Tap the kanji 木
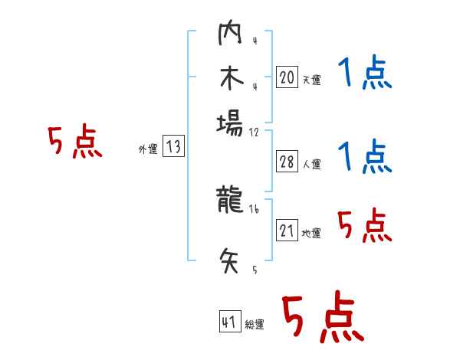coord(230,80)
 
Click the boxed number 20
coord(287,77)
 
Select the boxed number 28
coord(287,162)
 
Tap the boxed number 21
coord(287,231)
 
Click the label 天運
coord(311,80)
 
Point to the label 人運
coord(311,164)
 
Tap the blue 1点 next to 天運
coord(365,75)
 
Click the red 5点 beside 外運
coord(75,142)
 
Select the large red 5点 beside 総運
coord(322,319)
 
